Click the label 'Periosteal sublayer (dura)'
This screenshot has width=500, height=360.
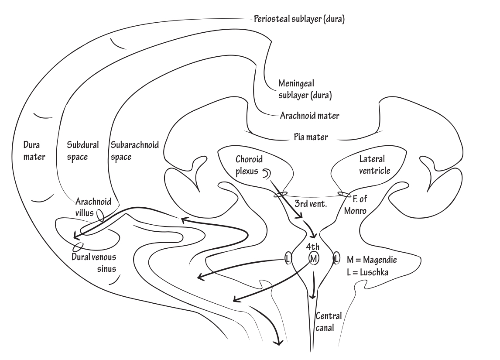(299, 19)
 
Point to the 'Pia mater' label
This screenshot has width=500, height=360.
(310, 137)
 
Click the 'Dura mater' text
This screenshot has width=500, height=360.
(33, 151)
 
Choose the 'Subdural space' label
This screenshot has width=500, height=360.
(83, 151)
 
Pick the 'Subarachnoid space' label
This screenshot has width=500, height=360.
(135, 151)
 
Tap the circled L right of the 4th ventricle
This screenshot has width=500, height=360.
(336, 258)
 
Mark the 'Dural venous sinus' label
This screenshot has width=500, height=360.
(97, 261)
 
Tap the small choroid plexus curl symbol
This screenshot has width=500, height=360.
(265, 174)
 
